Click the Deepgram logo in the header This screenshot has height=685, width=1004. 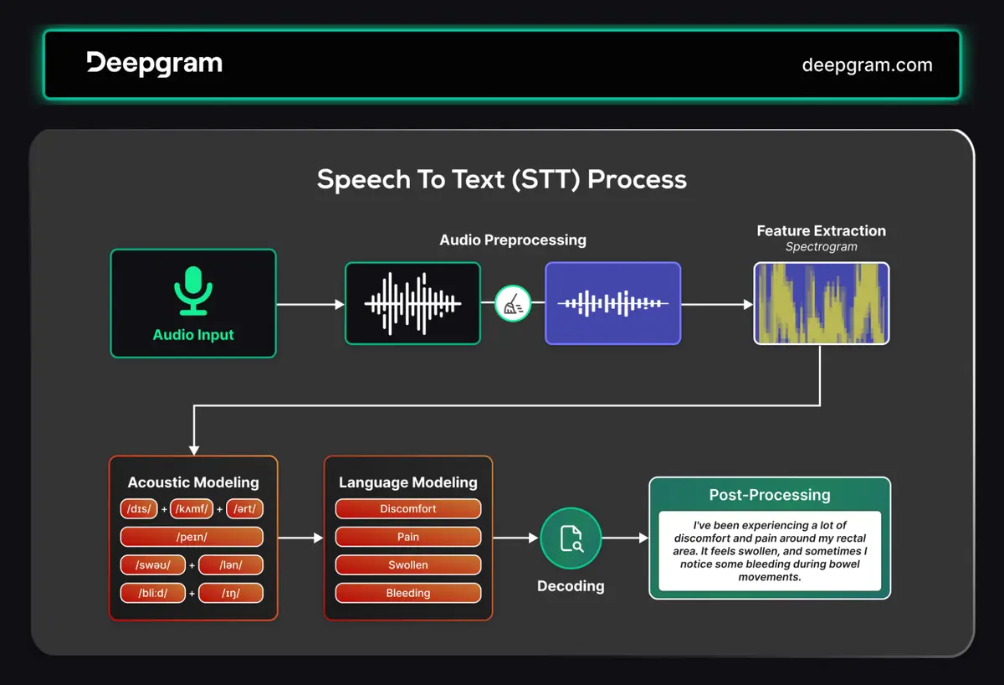[154, 64]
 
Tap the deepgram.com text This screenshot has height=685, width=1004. [867, 64]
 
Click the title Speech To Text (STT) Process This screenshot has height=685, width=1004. [501, 179]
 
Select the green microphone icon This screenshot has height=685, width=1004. [193, 291]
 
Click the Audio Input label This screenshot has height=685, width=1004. [193, 335]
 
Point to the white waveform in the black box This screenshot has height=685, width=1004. [412, 304]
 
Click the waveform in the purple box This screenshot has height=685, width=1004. [612, 303]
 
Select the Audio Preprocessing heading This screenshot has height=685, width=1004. [513, 240]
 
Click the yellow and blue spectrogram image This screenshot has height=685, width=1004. [821, 303]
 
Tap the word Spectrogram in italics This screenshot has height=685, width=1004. [821, 247]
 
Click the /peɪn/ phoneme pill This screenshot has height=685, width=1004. [192, 537]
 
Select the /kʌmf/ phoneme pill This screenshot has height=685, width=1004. [197, 509]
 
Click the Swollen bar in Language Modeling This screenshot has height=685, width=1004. [408, 564]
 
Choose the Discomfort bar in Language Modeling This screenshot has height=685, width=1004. [408, 508]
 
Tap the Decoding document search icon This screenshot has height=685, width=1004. [571, 538]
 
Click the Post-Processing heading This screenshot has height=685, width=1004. [770, 495]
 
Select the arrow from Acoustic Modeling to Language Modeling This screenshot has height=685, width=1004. [300, 538]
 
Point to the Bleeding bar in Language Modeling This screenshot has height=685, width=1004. [408, 593]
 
